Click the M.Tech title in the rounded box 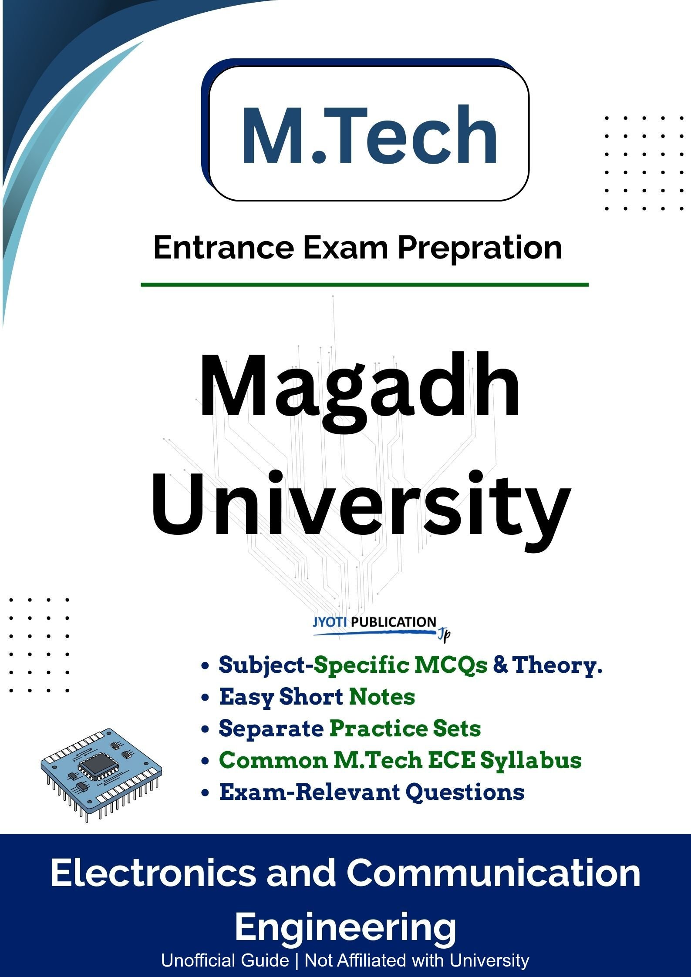369,135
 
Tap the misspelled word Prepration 480,248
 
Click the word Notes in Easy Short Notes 382,697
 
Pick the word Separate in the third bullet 271,729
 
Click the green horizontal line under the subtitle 364,285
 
